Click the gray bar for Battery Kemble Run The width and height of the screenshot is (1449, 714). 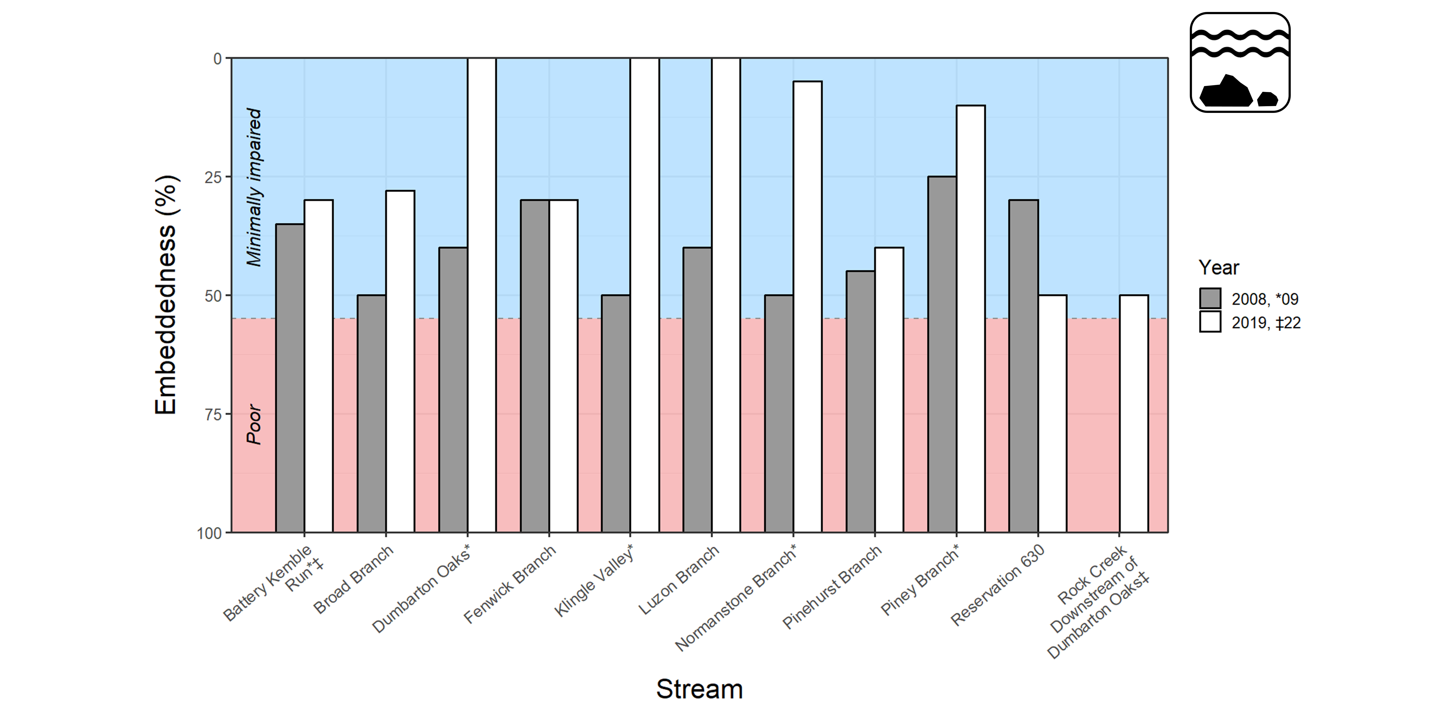click(x=290, y=378)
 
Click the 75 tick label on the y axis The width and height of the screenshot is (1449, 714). click(x=213, y=414)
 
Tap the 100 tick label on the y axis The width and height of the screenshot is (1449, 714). click(x=209, y=533)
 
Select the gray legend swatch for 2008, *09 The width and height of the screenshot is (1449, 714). click(x=1210, y=298)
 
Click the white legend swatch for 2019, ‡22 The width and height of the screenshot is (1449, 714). click(x=1210, y=322)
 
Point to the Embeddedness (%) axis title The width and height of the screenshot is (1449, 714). click(x=166, y=295)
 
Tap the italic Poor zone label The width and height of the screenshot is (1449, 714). click(x=254, y=424)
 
